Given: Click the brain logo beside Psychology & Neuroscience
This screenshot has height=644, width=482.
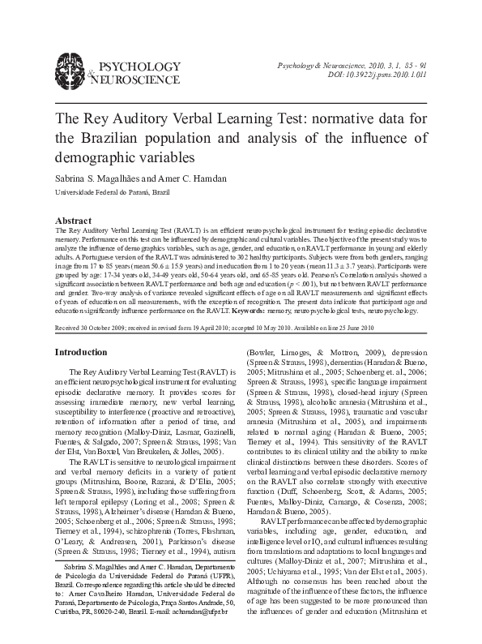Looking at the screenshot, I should click(70, 69).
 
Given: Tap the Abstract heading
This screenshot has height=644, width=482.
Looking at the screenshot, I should click(72, 221).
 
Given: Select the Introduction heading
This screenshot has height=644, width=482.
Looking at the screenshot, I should click(80, 352).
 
